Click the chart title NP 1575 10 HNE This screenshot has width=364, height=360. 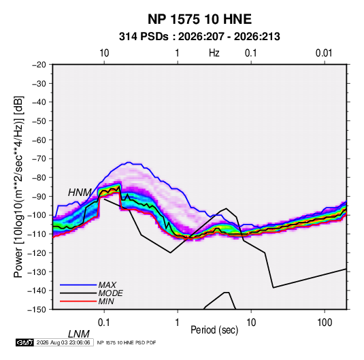(x=199, y=19)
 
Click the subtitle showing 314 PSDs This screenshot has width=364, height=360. (x=199, y=37)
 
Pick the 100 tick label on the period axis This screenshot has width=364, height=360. (x=325, y=323)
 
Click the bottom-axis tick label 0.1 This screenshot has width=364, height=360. (x=104, y=323)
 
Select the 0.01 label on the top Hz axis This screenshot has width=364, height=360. (x=324, y=53)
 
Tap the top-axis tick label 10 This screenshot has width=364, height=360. (x=104, y=53)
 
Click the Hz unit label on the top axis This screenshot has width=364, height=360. (x=214, y=53)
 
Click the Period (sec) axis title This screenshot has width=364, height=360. (x=214, y=330)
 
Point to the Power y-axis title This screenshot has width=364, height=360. (x=18, y=186)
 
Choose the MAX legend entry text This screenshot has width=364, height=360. (x=107, y=285)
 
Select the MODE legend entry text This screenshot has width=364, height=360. (x=110, y=293)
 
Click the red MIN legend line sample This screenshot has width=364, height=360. (x=78, y=301)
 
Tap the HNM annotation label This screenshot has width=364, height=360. (x=80, y=193)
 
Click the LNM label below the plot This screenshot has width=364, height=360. (x=79, y=334)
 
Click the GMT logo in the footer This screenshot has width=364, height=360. (x=25, y=342)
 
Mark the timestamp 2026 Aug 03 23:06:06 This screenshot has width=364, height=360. (x=63, y=342)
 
